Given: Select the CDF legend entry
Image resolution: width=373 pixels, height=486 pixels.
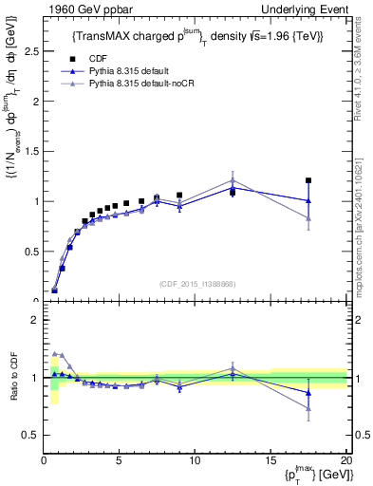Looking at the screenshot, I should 92,59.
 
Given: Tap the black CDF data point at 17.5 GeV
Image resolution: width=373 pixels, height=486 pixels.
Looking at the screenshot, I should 308,180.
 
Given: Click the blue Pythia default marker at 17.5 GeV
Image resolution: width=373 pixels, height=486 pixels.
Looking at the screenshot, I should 308,200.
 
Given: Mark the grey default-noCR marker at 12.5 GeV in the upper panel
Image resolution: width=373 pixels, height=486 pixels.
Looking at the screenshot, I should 233,180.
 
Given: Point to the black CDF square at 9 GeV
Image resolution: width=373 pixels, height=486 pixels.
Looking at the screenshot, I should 179,196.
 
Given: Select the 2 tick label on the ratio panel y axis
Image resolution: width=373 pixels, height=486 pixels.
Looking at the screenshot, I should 35,321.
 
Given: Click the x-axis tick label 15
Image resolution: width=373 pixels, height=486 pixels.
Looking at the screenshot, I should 270,461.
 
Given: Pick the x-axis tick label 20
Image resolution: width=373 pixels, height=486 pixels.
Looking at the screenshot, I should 345,461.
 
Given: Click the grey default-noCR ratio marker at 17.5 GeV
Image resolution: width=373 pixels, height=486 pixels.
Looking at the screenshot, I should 308,409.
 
